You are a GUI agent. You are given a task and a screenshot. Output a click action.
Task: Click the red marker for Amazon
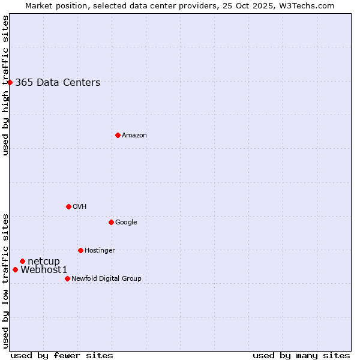[x=118, y=135]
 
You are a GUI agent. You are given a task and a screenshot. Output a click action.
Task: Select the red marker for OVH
[x=68, y=206]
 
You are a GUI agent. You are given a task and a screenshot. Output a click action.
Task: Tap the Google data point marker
[x=111, y=222]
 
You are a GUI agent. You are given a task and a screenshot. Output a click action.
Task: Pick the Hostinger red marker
[x=80, y=250]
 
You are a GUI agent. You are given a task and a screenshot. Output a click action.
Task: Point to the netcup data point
[x=22, y=261]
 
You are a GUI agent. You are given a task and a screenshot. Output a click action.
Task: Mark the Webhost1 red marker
[x=15, y=269]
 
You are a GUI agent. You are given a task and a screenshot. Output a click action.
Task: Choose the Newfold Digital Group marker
[x=67, y=278]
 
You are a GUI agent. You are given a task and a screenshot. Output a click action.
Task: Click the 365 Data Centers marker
[x=10, y=82]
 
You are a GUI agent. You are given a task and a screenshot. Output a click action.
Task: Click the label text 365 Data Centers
[x=58, y=83]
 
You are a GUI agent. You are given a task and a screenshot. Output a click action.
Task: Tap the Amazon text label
[x=134, y=136]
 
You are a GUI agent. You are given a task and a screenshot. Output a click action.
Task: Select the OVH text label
[x=80, y=207]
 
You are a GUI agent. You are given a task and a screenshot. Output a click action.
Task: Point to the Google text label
[x=126, y=223]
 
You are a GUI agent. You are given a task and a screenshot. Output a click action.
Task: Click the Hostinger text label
[x=100, y=251]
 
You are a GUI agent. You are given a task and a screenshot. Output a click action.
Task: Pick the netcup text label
[x=44, y=261]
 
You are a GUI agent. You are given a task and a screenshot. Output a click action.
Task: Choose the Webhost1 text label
[x=44, y=270]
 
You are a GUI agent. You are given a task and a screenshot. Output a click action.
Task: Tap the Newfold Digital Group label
[x=106, y=279]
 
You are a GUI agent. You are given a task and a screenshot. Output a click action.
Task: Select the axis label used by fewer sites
[x=62, y=355]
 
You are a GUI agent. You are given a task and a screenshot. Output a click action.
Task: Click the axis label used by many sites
[x=301, y=355]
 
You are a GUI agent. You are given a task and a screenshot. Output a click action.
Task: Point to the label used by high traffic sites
[x=6, y=85]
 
